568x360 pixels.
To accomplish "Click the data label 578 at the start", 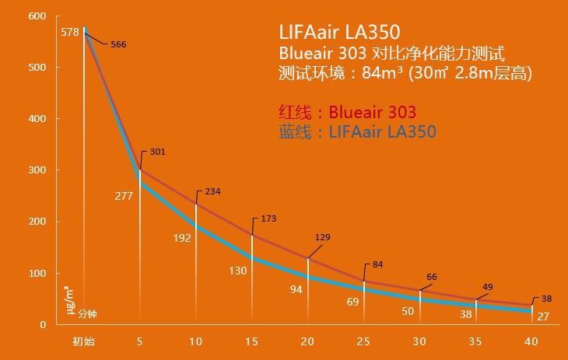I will pyautogui.click(x=69, y=32).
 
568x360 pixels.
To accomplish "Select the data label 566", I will pyautogui.click(x=118, y=45).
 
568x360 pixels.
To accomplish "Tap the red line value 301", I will pyautogui.click(x=157, y=152).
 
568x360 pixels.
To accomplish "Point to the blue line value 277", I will pyautogui.click(x=123, y=196).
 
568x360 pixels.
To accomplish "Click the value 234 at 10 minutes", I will pyautogui.click(x=213, y=191).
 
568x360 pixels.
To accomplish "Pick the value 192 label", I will pyautogui.click(x=182, y=238).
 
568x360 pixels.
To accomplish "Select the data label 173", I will pyautogui.click(x=268, y=219).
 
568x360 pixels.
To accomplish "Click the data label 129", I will pyautogui.click(x=322, y=236).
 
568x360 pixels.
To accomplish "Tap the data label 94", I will pyautogui.click(x=296, y=289).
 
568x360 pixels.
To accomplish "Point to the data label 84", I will pyautogui.click(x=377, y=265).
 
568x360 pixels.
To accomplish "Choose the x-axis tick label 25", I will pyautogui.click(x=363, y=342).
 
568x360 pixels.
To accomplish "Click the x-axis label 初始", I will pyautogui.click(x=83, y=342).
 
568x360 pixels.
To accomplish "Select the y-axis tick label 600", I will pyautogui.click(x=37, y=16).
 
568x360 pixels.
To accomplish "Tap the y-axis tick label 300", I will pyautogui.click(x=37, y=170).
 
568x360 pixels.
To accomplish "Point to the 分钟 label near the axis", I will pyautogui.click(x=87, y=315).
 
